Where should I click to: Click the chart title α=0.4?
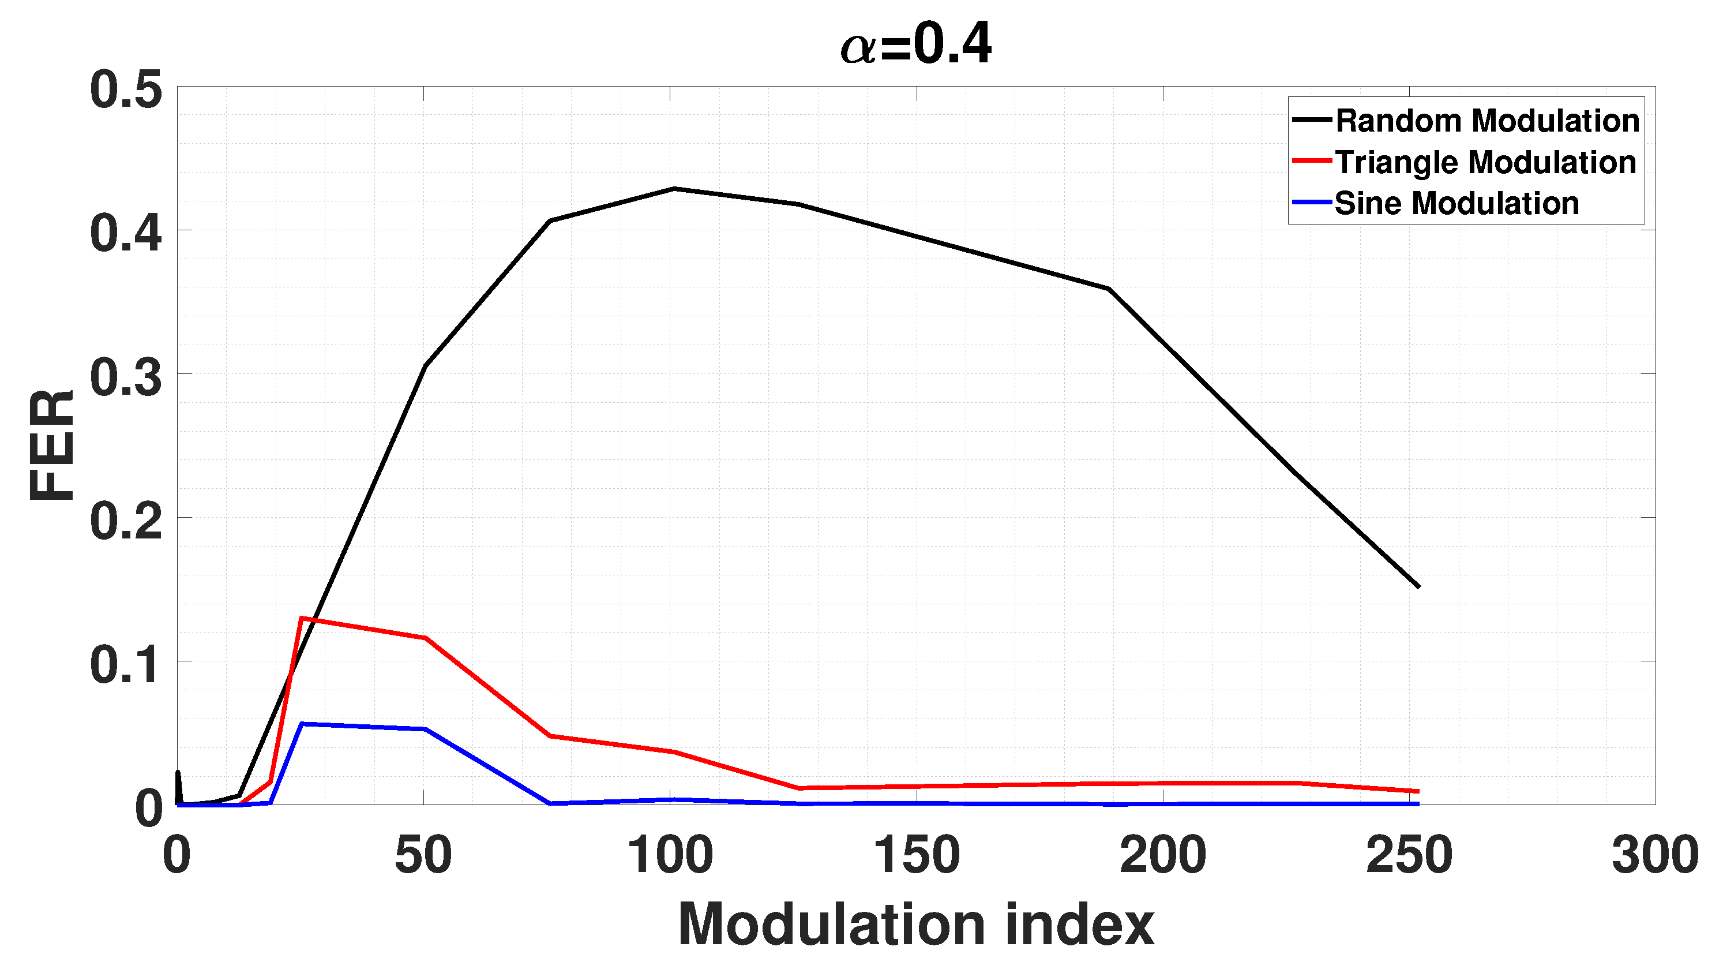(915, 44)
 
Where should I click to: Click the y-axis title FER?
(52, 445)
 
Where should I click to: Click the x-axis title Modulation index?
(915, 925)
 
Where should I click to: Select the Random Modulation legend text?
(1487, 121)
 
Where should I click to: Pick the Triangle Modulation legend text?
(1485, 163)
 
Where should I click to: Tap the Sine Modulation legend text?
(1456, 203)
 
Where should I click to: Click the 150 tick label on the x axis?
(917, 855)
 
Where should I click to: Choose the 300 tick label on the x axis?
(1655, 855)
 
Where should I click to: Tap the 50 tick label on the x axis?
(423, 855)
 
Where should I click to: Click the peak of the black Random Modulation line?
(674, 189)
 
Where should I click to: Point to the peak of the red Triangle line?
(302, 618)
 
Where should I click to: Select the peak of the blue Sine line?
(302, 723)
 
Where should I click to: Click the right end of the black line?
(1418, 586)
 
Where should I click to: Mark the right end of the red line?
(1417, 792)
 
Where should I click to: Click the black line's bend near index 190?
(1109, 289)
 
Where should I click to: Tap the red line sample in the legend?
(1312, 161)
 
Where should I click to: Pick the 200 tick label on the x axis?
(1162, 855)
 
